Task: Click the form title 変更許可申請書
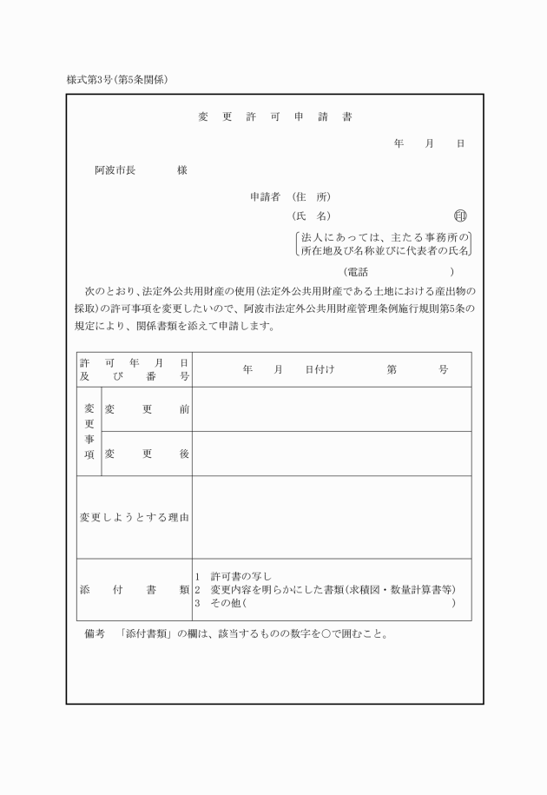274,117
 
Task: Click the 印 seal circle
460,216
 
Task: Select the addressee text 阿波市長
115,170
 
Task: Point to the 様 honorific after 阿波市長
182,170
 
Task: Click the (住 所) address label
312,196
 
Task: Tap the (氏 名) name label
312,216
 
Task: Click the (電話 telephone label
356,272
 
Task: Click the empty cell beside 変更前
332,409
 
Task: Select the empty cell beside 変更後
332,454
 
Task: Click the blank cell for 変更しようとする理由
332,517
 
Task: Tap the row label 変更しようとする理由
135,517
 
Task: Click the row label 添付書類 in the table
135,590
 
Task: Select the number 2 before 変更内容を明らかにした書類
198,590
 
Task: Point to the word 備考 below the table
95,633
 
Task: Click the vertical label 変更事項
89,431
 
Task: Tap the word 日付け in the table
320,369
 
